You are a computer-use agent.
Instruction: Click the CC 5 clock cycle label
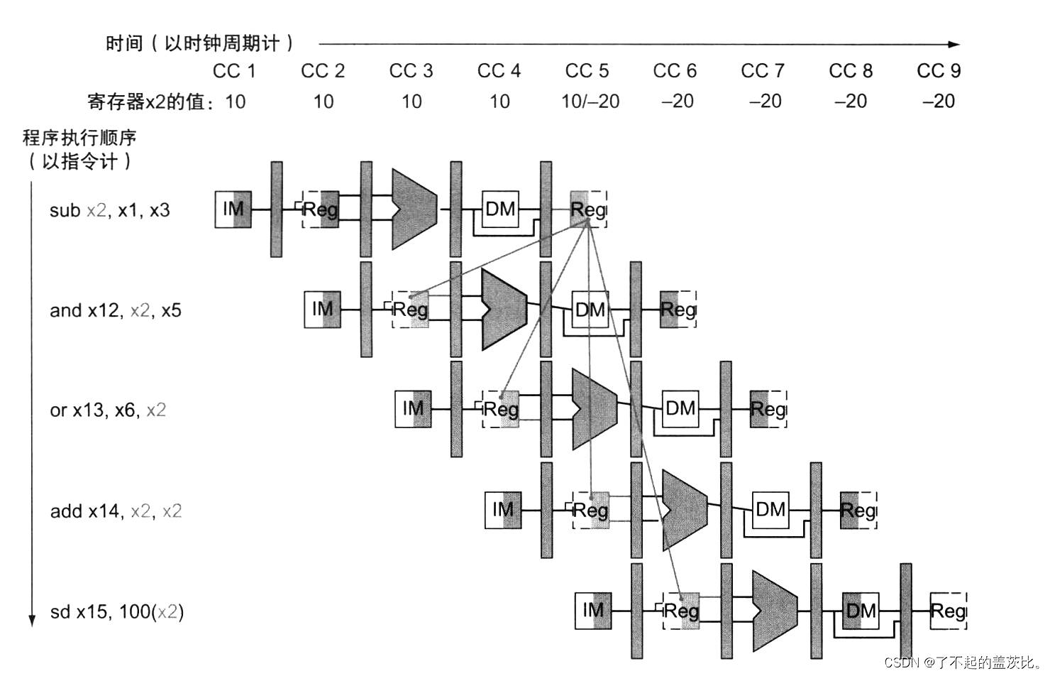(x=587, y=71)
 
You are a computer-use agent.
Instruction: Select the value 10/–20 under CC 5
(x=590, y=102)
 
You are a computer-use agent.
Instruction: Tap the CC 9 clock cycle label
(x=938, y=71)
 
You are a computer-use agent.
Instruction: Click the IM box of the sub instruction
(x=233, y=209)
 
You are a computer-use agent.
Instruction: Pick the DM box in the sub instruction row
(x=500, y=209)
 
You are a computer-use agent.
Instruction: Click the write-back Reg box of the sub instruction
(x=588, y=209)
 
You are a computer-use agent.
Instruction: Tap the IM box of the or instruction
(x=413, y=409)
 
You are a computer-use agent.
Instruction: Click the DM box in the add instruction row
(x=770, y=510)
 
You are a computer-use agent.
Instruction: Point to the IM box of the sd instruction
(x=593, y=611)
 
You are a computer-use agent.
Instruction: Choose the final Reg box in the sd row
(x=948, y=611)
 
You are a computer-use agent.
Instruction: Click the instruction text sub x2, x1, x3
(x=110, y=210)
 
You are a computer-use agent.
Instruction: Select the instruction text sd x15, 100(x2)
(x=117, y=611)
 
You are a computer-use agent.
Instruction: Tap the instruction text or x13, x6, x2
(x=108, y=410)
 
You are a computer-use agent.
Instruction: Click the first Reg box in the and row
(x=410, y=310)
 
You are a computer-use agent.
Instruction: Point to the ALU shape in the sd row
(x=774, y=611)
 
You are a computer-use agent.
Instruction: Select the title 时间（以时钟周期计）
(x=200, y=43)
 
